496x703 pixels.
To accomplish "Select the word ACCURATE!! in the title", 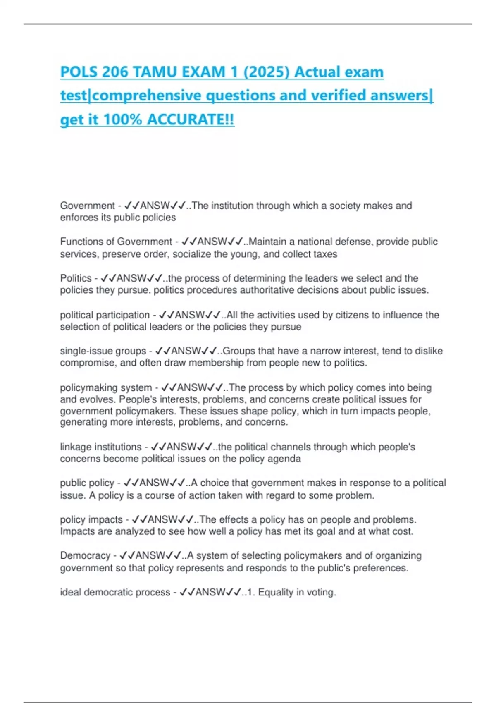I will pyautogui.click(x=191, y=120).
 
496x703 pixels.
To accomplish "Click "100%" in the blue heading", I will pyautogui.click(x=122, y=120).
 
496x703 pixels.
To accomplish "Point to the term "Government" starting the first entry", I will pyautogui.click(x=87, y=206).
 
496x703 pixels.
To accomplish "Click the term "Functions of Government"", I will pyautogui.click(x=116, y=242).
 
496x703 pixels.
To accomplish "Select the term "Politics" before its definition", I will pyautogui.click(x=76, y=278).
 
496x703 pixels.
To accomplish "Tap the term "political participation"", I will pyautogui.click(x=105, y=315).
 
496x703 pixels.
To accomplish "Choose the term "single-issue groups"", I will pyautogui.click(x=103, y=351).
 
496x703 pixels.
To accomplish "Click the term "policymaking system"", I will pyautogui.click(x=106, y=388).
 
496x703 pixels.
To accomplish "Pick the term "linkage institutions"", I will pyautogui.click(x=100, y=447).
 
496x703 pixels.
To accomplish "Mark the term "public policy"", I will pyautogui.click(x=87, y=483).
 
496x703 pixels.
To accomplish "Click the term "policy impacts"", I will pyautogui.click(x=91, y=520).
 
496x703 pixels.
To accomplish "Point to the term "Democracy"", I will pyautogui.click(x=85, y=556).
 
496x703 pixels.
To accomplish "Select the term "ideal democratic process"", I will pyautogui.click(x=115, y=593).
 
